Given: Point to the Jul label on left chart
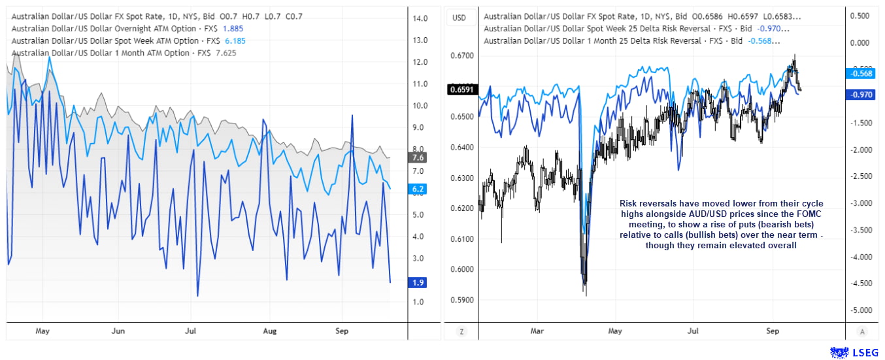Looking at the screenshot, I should tap(192, 331).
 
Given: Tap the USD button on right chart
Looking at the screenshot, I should tap(459, 18).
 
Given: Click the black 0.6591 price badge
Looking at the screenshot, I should tap(461, 89).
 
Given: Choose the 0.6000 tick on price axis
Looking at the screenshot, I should tap(463, 269).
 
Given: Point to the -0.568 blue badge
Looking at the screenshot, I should tap(861, 74).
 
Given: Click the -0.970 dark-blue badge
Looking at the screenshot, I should tap(861, 95).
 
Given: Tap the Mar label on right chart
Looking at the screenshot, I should tap(537, 331).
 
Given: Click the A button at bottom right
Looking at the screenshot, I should tap(863, 331).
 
